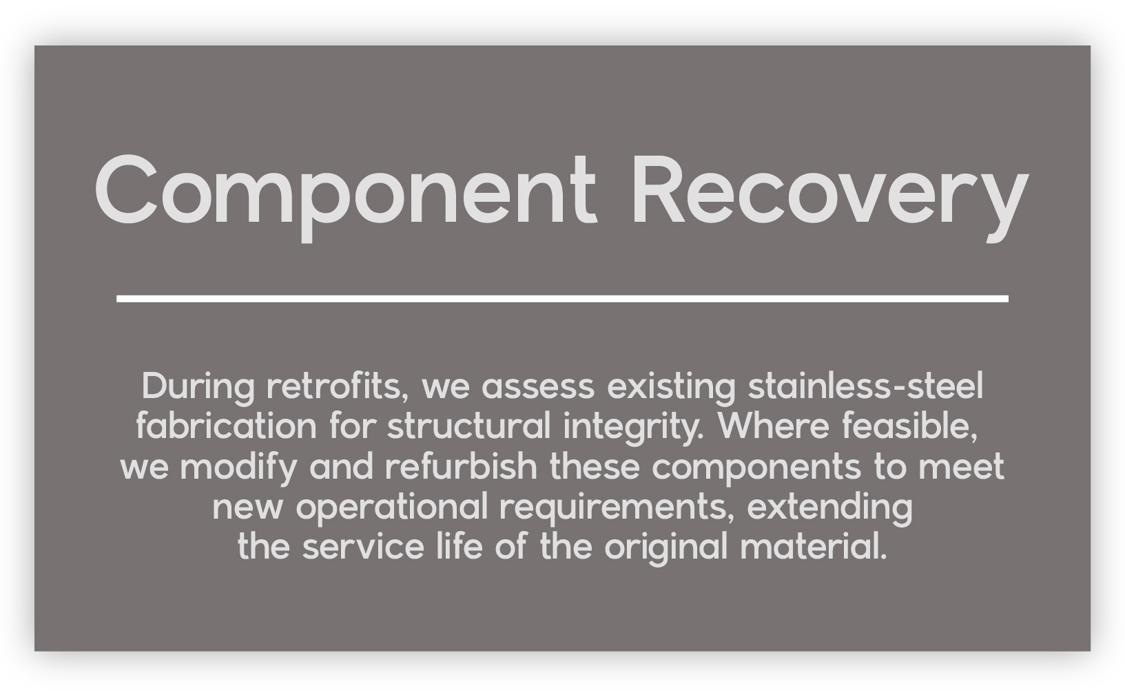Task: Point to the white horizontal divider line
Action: [562, 299]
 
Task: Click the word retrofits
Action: [338, 386]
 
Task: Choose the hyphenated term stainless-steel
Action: [865, 386]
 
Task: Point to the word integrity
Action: [633, 428]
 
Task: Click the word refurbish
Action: [462, 466]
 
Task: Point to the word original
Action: [666, 548]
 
